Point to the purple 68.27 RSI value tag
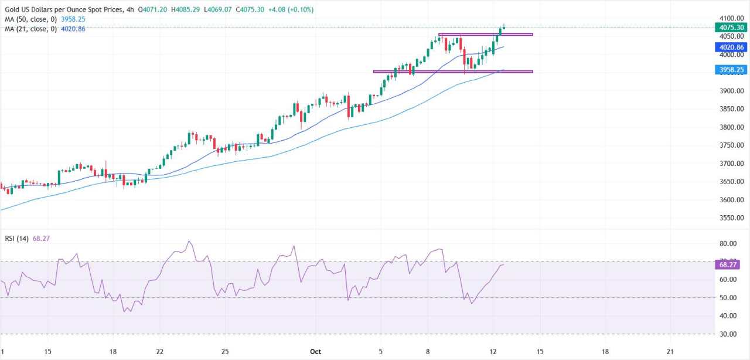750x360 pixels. click(728, 265)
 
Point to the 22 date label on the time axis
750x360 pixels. click(159, 352)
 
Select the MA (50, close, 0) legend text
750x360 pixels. click(31, 19)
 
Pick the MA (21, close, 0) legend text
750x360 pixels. click(31, 28)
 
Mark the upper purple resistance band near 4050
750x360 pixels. click(485, 35)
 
